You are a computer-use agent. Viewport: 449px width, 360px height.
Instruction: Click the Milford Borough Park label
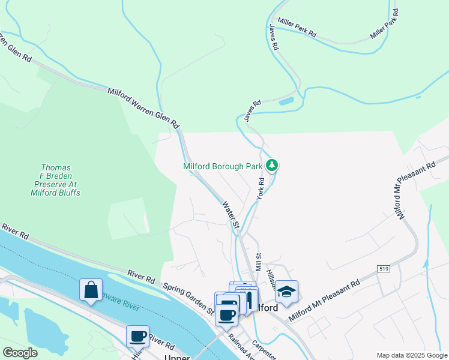224,166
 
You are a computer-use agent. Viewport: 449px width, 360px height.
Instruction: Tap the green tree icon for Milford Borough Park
272,165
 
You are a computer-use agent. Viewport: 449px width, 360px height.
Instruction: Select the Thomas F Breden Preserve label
56,180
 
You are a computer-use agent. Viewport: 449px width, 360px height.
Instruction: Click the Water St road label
231,215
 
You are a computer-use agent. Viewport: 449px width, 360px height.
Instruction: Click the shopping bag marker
91,290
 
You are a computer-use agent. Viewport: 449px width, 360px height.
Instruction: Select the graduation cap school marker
287,292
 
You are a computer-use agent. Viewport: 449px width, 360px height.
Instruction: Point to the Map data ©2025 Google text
411,355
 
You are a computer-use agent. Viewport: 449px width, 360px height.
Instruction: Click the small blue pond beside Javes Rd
286,101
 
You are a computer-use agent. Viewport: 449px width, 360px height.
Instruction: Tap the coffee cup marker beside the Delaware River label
137,336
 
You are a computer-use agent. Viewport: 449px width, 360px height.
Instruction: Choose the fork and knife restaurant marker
247,299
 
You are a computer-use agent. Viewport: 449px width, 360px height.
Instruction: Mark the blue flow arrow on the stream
426,263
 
